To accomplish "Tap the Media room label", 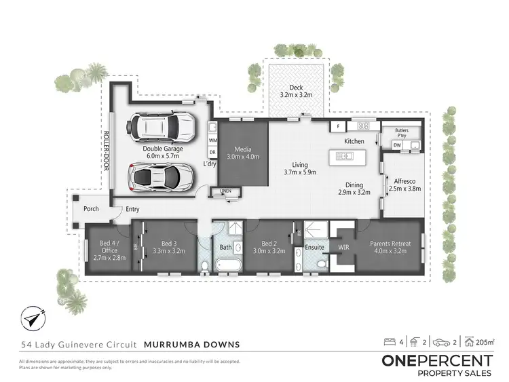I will (x=243, y=153).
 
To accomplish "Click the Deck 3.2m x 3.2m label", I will (x=296, y=92).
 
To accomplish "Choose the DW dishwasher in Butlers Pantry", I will (x=396, y=144).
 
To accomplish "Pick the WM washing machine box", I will (x=212, y=140).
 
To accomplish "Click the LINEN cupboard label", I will (x=226, y=191).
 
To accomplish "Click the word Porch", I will (x=92, y=209).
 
